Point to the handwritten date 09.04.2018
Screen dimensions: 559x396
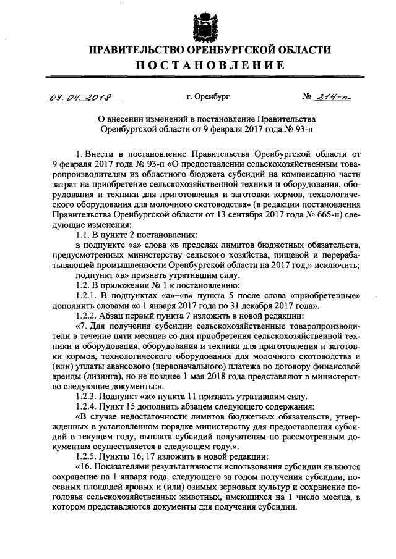click(79, 97)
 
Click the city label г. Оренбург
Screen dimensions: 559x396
click(208, 98)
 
